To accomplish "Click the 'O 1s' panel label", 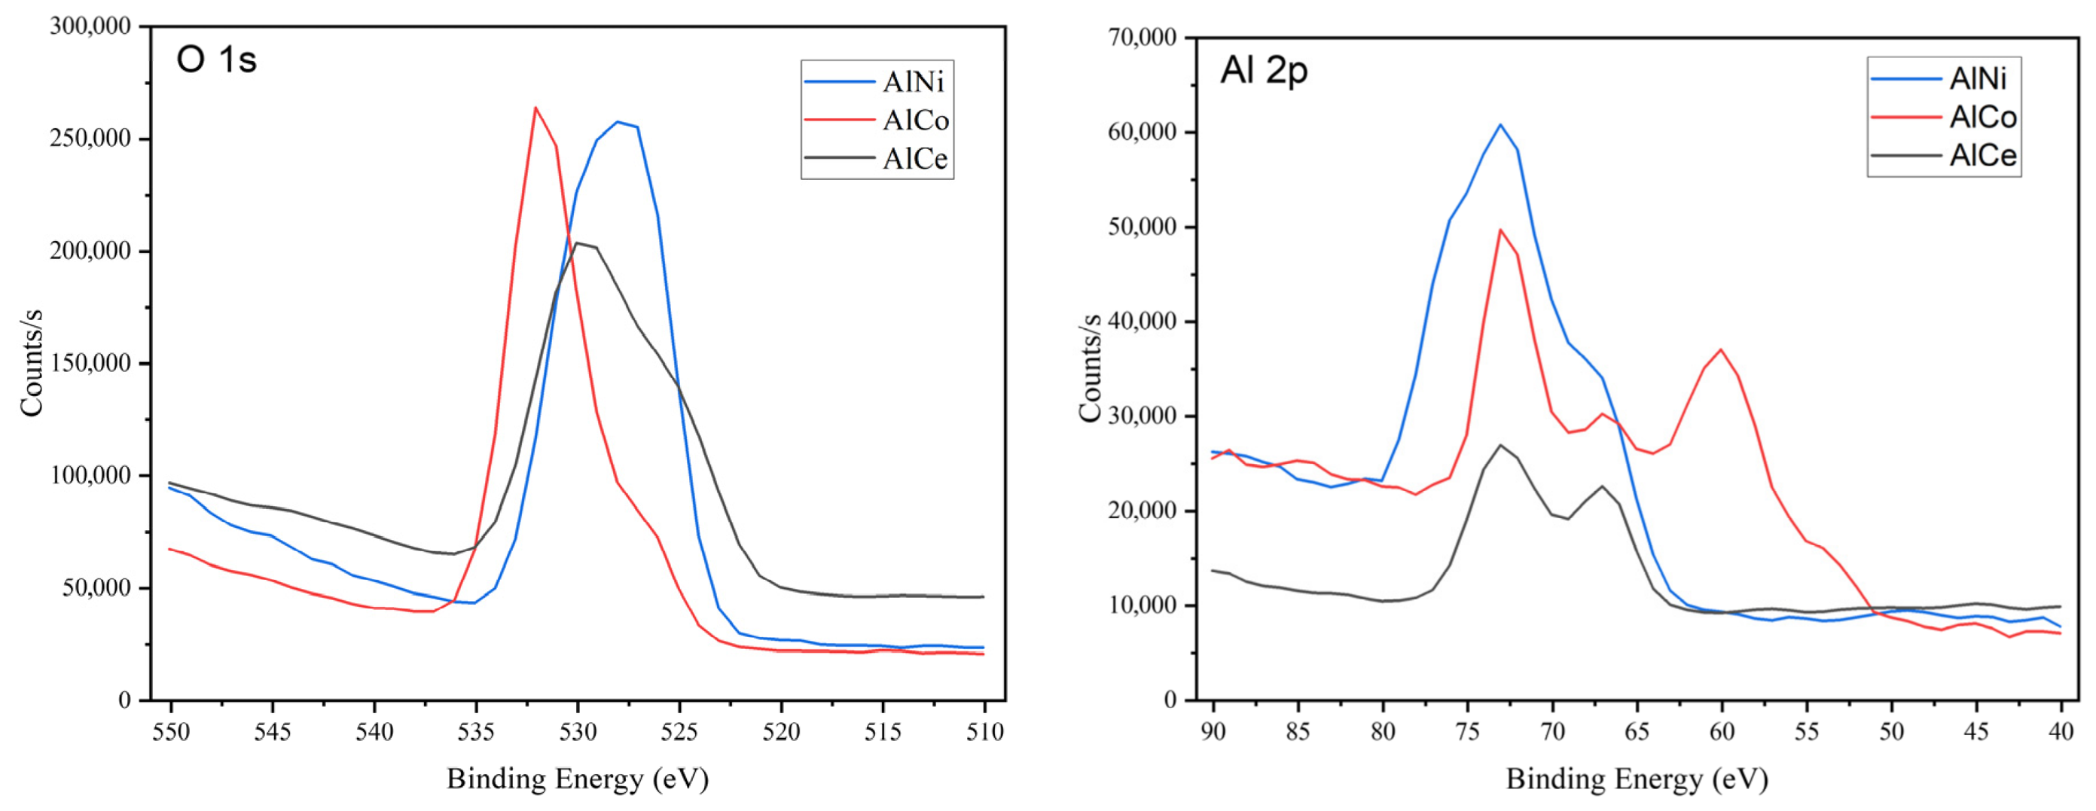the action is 216,60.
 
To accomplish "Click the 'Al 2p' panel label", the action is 1264,71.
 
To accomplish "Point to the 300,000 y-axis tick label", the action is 90,26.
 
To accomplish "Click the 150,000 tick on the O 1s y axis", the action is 90,363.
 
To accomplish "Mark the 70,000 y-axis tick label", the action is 1143,38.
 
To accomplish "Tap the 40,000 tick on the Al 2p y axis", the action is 1143,322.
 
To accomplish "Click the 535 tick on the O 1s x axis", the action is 476,732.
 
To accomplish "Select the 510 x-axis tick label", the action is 984,732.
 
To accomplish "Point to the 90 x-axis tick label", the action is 1213,732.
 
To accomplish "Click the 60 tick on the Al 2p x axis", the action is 1722,732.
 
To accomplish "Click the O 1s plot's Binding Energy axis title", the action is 578,779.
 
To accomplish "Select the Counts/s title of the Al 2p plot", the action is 1090,367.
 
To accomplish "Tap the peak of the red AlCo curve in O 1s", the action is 535,108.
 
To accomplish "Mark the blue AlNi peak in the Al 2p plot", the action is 1500,124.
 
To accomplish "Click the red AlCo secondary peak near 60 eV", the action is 1721,350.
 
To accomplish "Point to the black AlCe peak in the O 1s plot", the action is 578,242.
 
